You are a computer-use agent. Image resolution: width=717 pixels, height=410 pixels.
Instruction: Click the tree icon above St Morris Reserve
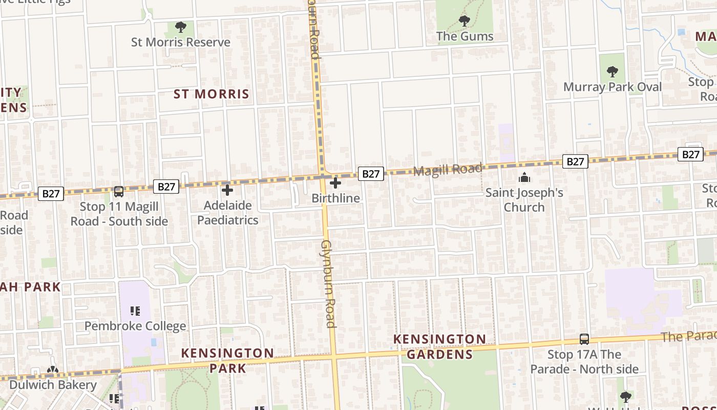tap(180, 27)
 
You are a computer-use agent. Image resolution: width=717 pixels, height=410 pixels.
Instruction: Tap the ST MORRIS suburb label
tap(211, 94)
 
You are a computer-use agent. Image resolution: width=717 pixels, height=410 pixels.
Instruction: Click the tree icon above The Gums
tap(464, 21)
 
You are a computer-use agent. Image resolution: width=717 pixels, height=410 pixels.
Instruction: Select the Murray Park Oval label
tap(612, 87)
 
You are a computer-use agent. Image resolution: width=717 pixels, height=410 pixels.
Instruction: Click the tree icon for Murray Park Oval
tap(612, 71)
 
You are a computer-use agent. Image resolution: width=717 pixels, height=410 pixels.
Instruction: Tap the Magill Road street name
tap(448, 170)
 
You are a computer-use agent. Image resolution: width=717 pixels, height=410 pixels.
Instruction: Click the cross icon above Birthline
tap(335, 183)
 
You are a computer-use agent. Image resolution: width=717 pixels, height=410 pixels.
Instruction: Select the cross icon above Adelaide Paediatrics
tap(227, 190)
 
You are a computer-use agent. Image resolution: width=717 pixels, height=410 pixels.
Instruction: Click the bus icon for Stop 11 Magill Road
tap(118, 192)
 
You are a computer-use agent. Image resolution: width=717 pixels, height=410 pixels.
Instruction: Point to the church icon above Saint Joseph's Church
tap(524, 178)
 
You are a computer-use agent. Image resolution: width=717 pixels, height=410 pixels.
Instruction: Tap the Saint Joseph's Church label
tap(524, 200)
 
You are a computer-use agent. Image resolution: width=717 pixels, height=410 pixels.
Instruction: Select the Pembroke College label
tap(135, 326)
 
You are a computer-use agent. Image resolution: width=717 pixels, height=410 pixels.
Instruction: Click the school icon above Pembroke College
tap(135, 311)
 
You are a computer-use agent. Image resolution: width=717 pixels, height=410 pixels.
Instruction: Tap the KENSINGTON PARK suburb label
tap(227, 360)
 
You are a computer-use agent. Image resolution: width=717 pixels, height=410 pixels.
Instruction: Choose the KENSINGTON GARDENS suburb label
tap(439, 346)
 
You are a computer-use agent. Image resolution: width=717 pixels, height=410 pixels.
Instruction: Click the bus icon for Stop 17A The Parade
tap(584, 339)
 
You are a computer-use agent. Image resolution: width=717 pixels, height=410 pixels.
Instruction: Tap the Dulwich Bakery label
tap(53, 384)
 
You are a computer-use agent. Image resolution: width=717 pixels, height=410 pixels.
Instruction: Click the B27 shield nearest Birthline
tap(370, 174)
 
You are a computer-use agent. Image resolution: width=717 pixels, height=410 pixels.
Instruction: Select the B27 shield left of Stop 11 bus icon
tap(51, 194)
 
